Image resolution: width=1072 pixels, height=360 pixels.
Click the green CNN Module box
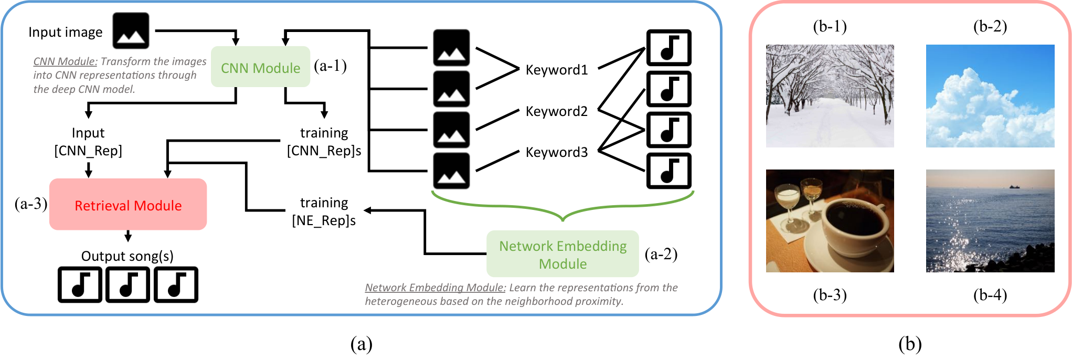point(260,67)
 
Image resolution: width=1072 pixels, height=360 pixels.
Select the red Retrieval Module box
point(128,204)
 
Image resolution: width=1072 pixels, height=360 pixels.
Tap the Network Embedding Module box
point(562,254)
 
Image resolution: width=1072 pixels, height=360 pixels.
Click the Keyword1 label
point(557,70)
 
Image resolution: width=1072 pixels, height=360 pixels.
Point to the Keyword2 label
point(557,111)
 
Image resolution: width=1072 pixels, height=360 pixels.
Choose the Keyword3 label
point(557,152)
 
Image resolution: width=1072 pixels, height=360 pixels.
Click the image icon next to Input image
point(131,31)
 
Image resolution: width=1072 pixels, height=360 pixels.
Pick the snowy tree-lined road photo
point(830,96)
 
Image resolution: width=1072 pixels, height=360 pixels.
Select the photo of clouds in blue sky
point(990,96)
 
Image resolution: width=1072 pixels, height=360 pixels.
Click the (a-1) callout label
point(330,66)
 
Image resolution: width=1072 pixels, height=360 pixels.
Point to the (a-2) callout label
point(661,254)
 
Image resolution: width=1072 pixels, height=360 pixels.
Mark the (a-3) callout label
point(31,204)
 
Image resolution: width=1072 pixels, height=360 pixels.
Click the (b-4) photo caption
point(990,295)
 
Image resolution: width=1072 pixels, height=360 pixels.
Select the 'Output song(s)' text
point(127,256)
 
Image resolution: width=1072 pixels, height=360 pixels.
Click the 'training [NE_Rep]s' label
point(324,211)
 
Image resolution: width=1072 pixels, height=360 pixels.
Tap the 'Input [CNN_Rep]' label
point(88,142)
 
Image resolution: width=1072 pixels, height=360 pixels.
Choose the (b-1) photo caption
point(830,26)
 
